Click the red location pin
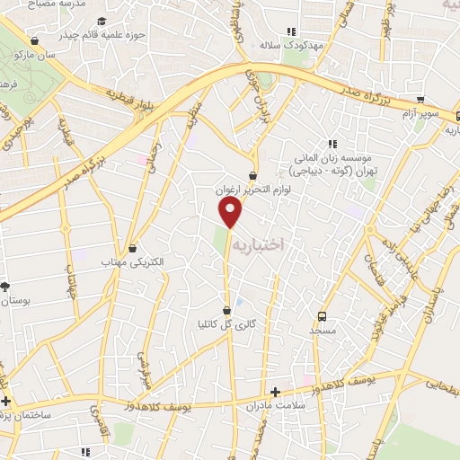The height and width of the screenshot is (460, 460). point(231,213)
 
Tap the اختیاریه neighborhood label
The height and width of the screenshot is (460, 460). point(257,244)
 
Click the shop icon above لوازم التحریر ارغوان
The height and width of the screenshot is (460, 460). point(254,176)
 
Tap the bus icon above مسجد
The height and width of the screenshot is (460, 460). point(322,316)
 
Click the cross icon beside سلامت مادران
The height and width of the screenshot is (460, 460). point(276,393)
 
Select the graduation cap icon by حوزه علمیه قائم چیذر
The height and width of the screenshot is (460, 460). point(102,22)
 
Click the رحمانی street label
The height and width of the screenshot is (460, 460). point(158,159)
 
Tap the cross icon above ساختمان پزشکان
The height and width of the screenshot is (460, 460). point(6,401)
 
